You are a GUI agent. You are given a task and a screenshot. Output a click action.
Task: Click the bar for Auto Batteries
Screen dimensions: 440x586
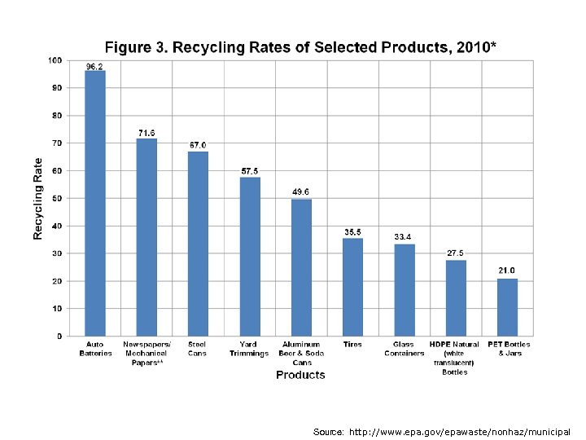pyautogui.click(x=95, y=204)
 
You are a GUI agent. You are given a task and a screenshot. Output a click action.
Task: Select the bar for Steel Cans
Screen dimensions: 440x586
pyautogui.click(x=198, y=244)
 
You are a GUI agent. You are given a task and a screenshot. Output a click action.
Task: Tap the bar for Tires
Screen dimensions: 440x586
pyautogui.click(x=352, y=287)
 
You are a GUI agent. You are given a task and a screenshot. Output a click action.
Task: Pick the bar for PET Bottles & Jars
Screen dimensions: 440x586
pyautogui.click(x=507, y=307)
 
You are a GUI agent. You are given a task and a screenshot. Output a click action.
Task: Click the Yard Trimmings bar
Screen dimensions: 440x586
pyautogui.click(x=250, y=257)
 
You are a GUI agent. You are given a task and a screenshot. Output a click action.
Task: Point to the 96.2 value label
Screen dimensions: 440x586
pyautogui.click(x=95, y=65)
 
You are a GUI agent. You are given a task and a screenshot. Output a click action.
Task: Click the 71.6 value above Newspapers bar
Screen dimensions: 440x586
pyautogui.click(x=146, y=133)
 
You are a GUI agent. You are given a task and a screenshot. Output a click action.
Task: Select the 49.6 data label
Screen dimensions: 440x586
pyautogui.click(x=301, y=192)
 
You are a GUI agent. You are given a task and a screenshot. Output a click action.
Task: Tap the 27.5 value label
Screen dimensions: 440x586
pyautogui.click(x=456, y=253)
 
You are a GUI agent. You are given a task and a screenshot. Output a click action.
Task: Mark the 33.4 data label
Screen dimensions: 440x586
pyautogui.click(x=404, y=237)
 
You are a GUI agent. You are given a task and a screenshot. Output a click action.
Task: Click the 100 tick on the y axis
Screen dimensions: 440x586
pyautogui.click(x=55, y=60)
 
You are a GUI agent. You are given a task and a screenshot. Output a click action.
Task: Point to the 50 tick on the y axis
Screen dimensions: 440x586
pyautogui.click(x=57, y=198)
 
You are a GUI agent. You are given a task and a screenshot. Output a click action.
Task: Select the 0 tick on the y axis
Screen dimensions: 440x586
pyautogui.click(x=59, y=336)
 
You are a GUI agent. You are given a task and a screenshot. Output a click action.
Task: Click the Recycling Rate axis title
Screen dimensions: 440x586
pyautogui.click(x=37, y=198)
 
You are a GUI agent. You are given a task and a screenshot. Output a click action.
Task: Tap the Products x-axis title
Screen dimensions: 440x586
pyautogui.click(x=300, y=375)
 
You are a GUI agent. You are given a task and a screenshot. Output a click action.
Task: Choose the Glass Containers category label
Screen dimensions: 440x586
pyautogui.click(x=404, y=349)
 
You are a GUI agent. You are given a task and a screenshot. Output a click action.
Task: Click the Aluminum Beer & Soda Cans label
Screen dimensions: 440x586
pyautogui.click(x=301, y=353)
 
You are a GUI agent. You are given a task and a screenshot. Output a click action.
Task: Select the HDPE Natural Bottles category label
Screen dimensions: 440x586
pyautogui.click(x=455, y=358)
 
